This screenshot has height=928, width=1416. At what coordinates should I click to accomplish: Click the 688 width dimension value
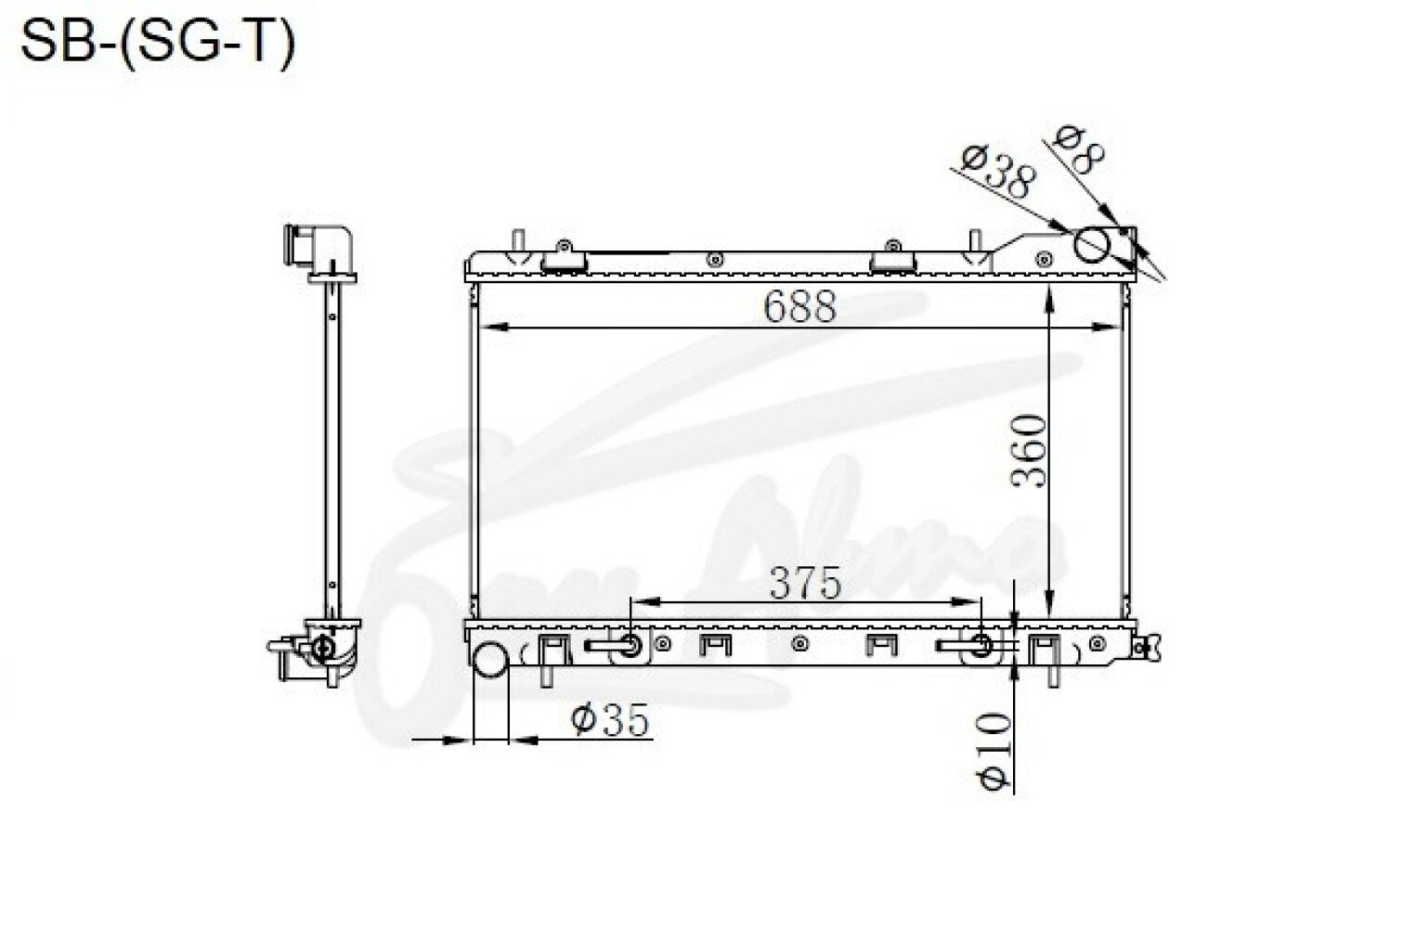(799, 307)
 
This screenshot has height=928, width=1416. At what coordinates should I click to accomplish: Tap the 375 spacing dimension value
(805, 583)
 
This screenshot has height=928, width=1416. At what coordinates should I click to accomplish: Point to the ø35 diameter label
(610, 720)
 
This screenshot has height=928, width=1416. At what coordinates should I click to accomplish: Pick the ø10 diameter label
(994, 752)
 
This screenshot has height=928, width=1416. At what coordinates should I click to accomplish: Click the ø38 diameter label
(997, 171)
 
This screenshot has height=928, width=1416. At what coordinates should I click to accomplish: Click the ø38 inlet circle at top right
(1092, 244)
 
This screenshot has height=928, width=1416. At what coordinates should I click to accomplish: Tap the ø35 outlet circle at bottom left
(491, 659)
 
